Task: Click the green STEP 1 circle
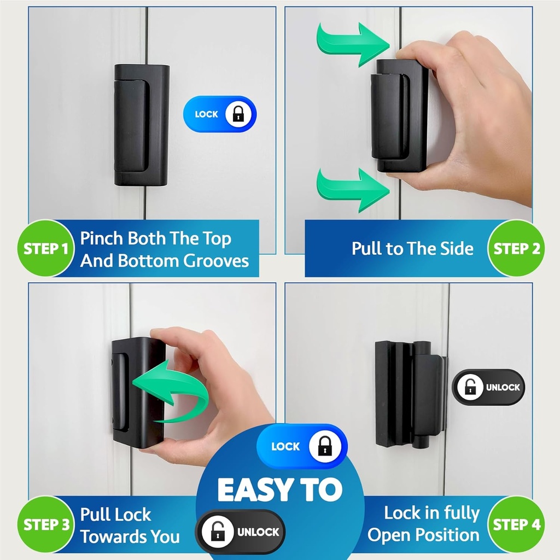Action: (45, 249)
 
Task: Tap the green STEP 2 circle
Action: (516, 249)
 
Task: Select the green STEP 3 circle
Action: (45, 525)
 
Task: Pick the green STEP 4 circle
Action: (516, 525)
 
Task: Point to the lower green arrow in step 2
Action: (351, 189)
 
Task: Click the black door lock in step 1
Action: (141, 125)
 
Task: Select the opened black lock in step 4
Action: (410, 394)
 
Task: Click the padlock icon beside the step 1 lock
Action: (238, 114)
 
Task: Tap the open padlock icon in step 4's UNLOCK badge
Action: (470, 387)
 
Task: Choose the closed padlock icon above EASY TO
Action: (324, 447)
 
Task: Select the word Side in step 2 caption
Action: (457, 249)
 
